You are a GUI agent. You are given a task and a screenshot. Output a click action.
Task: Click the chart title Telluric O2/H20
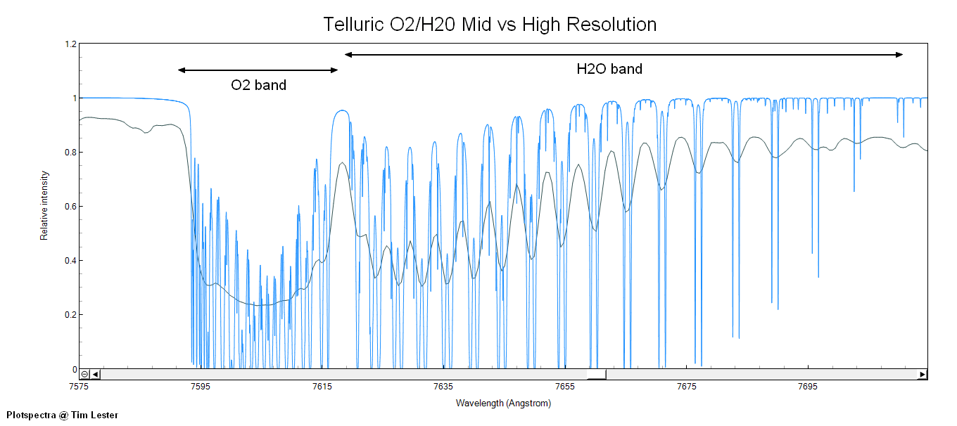490,25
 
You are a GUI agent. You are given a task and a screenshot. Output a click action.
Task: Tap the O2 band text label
259,86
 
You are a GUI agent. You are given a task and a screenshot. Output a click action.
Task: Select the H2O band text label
609,69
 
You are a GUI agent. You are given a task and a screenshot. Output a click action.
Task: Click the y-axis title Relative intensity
44,205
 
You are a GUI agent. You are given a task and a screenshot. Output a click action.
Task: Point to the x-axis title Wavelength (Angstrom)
503,404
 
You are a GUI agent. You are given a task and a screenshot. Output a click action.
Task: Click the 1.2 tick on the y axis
70,44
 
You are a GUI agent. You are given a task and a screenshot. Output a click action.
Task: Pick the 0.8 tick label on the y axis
70,152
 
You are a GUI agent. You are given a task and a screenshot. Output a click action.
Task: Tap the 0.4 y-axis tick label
70,261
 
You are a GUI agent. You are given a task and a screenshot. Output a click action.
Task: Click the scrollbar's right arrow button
922,375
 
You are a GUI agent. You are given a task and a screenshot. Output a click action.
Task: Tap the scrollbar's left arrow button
96,375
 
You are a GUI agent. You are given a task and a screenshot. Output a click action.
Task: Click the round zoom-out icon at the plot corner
84,375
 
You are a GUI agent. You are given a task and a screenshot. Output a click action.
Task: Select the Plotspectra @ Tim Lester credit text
62,415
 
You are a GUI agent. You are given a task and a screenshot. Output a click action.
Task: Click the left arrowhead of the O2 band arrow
181,70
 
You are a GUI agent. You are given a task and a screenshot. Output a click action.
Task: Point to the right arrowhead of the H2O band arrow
899,55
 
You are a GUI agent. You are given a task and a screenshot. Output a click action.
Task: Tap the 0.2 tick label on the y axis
70,315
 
